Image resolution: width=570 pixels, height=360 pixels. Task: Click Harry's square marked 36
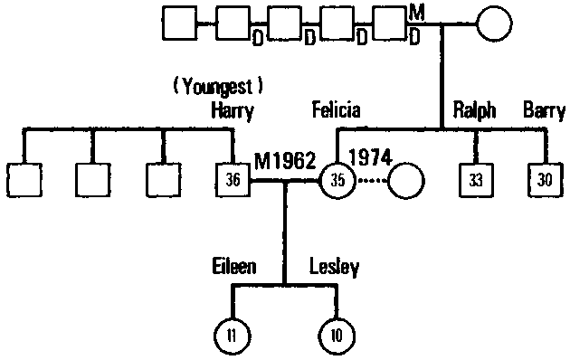click(x=233, y=180)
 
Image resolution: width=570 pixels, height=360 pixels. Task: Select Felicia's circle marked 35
click(x=337, y=180)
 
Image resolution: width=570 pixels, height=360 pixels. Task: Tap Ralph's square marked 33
click(x=475, y=180)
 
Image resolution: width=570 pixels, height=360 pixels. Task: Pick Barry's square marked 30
click(x=545, y=180)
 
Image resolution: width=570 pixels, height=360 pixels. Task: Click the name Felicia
click(x=335, y=111)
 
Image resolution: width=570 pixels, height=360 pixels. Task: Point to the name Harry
click(x=231, y=112)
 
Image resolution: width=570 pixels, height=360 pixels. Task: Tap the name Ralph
click(x=474, y=112)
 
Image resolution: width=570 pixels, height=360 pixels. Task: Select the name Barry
click(x=544, y=112)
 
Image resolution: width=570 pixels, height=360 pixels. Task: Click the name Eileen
click(x=234, y=267)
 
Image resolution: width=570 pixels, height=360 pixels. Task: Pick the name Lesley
click(x=335, y=267)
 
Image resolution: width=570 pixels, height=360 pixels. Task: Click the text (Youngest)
click(x=217, y=88)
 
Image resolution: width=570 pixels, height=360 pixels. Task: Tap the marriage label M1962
click(x=284, y=161)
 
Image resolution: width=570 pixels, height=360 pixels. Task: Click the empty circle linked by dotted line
click(x=406, y=180)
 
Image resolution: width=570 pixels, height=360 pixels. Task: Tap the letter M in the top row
click(x=415, y=11)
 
